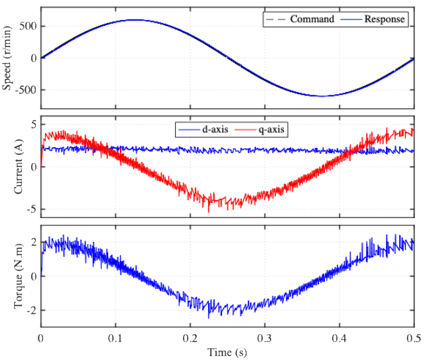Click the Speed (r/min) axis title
coord(7,58)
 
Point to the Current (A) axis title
coord(18,167)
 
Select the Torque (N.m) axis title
coord(18,276)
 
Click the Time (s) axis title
coord(227,352)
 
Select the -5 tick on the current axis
coord(31,210)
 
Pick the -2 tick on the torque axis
coord(31,310)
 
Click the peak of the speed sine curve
coord(134,20)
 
